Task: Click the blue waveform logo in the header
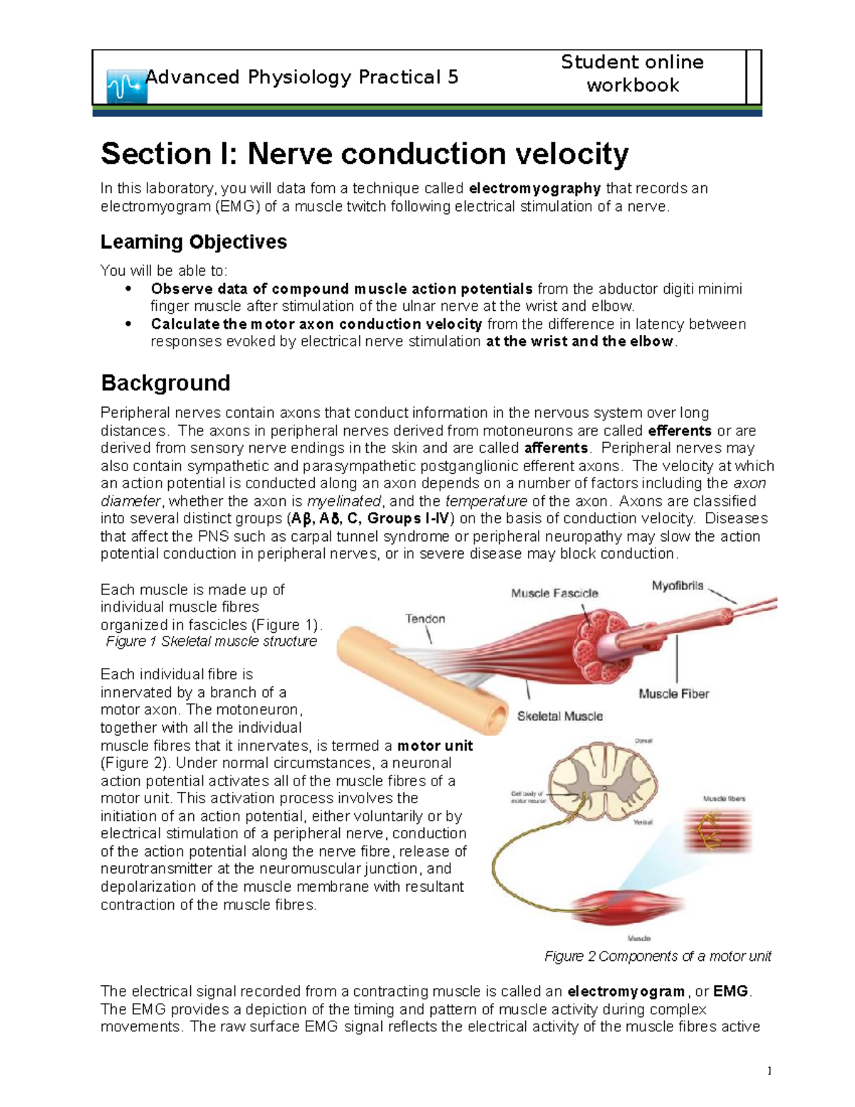coord(126,87)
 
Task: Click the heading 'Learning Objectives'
coord(193,242)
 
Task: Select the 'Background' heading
coord(165,383)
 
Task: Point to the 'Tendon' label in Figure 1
coord(425,619)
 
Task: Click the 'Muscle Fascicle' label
coord(554,593)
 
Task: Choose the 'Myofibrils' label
coord(677,586)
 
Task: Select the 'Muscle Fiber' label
coord(673,694)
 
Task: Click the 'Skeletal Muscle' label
coord(559,716)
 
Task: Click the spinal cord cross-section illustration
coord(602,781)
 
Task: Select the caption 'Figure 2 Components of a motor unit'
coord(658,957)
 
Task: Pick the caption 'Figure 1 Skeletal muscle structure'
coord(211,642)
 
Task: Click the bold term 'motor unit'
coord(435,746)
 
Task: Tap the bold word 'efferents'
coord(680,431)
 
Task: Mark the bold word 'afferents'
coord(556,448)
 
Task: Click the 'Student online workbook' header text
coord(632,73)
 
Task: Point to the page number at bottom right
coord(769,1071)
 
